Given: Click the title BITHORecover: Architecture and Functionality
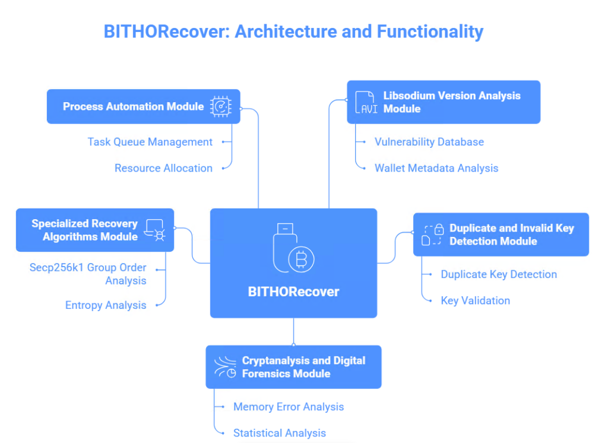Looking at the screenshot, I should pyautogui.click(x=293, y=31).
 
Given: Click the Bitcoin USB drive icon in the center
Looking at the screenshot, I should pyautogui.click(x=293, y=250).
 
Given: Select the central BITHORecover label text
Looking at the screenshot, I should pyautogui.click(x=293, y=292).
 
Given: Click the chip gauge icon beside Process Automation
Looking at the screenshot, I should pyautogui.click(x=221, y=107).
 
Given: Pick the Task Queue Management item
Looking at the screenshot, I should pyautogui.click(x=150, y=142).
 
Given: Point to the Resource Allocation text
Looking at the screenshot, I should pyautogui.click(x=163, y=168).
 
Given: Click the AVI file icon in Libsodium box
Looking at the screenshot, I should pyautogui.click(x=365, y=102).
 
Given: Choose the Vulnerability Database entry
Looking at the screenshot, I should pyautogui.click(x=429, y=142).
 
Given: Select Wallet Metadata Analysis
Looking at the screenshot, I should pyautogui.click(x=436, y=168).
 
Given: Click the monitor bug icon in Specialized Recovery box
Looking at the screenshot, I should pyautogui.click(x=156, y=230).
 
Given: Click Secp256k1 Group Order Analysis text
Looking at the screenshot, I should pyautogui.click(x=88, y=274).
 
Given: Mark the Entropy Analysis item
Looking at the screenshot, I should pyautogui.click(x=106, y=305).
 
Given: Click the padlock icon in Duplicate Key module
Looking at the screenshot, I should pyautogui.click(x=433, y=235).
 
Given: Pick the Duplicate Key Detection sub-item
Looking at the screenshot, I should pyautogui.click(x=498, y=274).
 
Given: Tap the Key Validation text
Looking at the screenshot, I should pyautogui.click(x=475, y=300).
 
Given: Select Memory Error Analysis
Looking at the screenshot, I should pyautogui.click(x=288, y=407).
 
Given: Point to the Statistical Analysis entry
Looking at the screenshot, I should pyautogui.click(x=279, y=433).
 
